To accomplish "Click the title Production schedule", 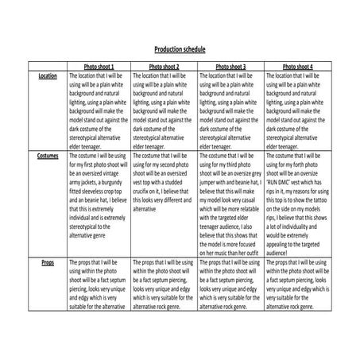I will click(x=180, y=49).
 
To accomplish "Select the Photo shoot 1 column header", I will click(x=99, y=67).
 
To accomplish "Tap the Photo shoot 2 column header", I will click(x=165, y=67).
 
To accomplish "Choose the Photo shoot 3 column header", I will click(x=230, y=67).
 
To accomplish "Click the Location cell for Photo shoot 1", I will click(x=99, y=111).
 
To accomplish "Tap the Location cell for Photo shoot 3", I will click(x=230, y=111).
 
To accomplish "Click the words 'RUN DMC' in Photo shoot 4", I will click(x=282, y=183).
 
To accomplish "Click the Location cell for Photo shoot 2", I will click(x=165, y=111).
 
